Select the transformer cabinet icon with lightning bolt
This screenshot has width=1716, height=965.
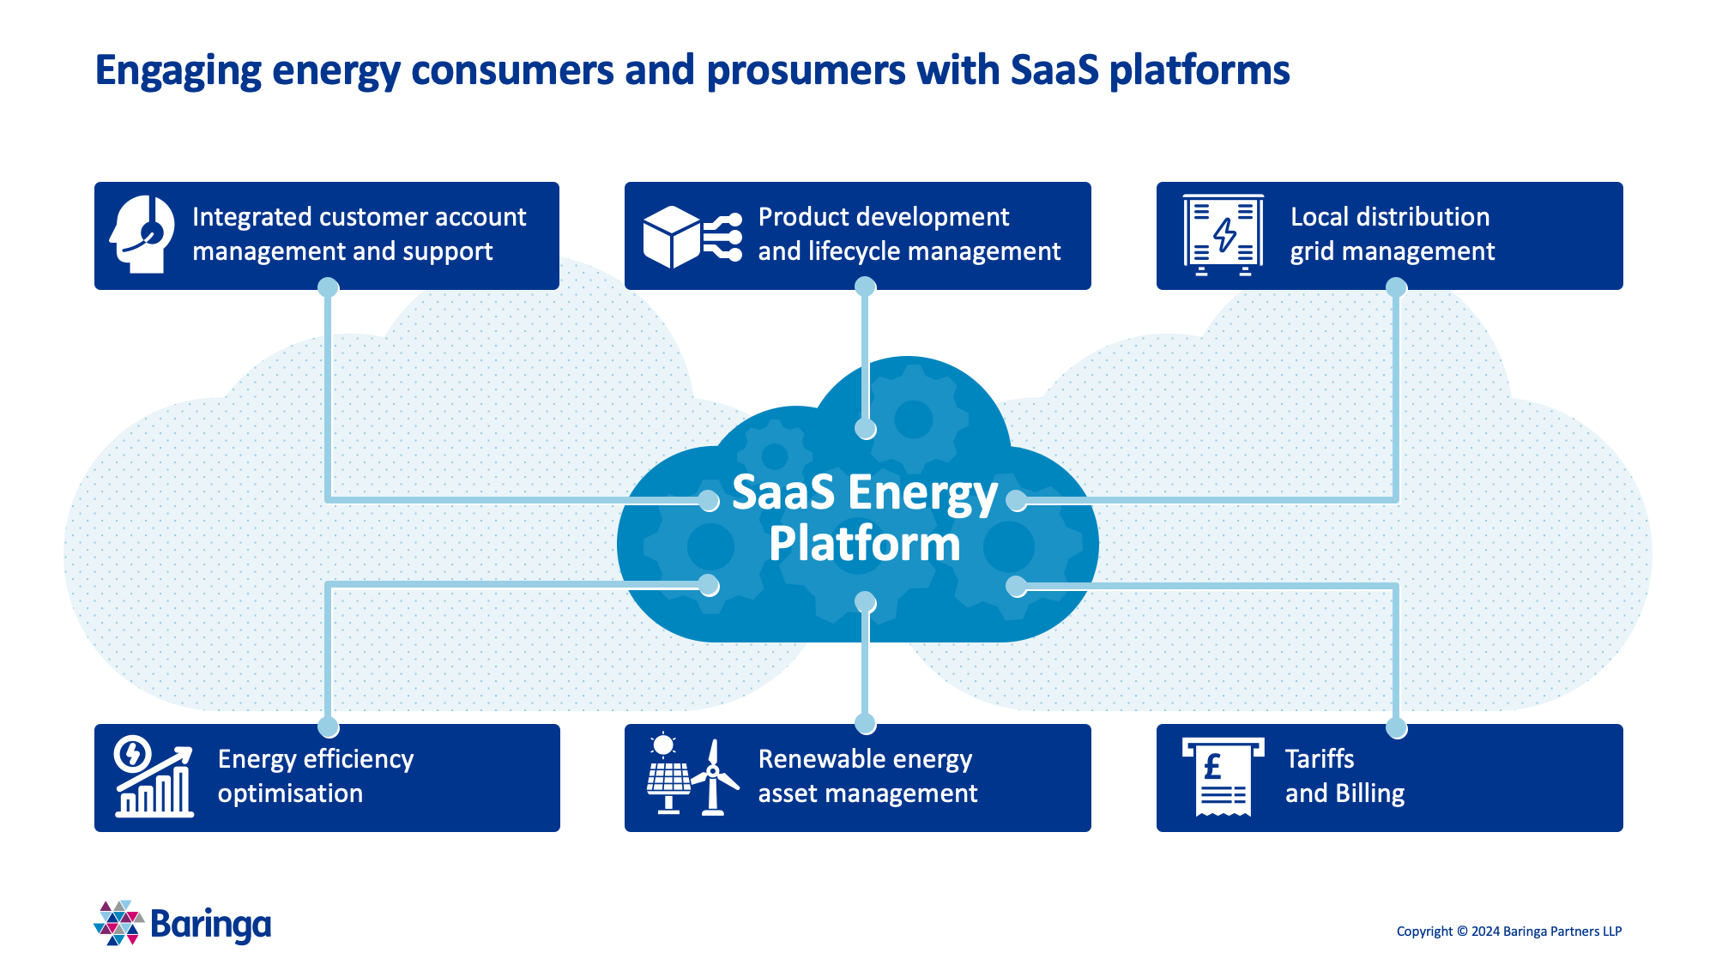click(x=1224, y=234)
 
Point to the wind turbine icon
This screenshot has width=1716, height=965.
click(x=714, y=777)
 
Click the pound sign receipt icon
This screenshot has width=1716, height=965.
click(x=1223, y=776)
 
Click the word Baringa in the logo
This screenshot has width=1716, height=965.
click(x=210, y=925)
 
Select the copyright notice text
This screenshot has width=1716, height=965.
click(x=1508, y=932)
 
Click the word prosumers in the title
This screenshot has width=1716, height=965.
click(x=806, y=70)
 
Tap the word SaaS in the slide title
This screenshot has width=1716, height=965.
click(x=1054, y=70)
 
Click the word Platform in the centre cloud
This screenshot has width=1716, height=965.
click(x=864, y=544)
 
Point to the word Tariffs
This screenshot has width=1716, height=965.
click(x=1319, y=759)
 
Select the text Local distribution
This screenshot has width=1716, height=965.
click(x=1389, y=217)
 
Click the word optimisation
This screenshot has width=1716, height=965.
click(x=290, y=793)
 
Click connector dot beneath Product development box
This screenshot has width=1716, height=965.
click(x=865, y=287)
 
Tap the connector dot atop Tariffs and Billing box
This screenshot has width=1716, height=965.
click(x=1396, y=728)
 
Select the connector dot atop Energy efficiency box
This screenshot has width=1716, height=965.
click(x=328, y=727)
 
